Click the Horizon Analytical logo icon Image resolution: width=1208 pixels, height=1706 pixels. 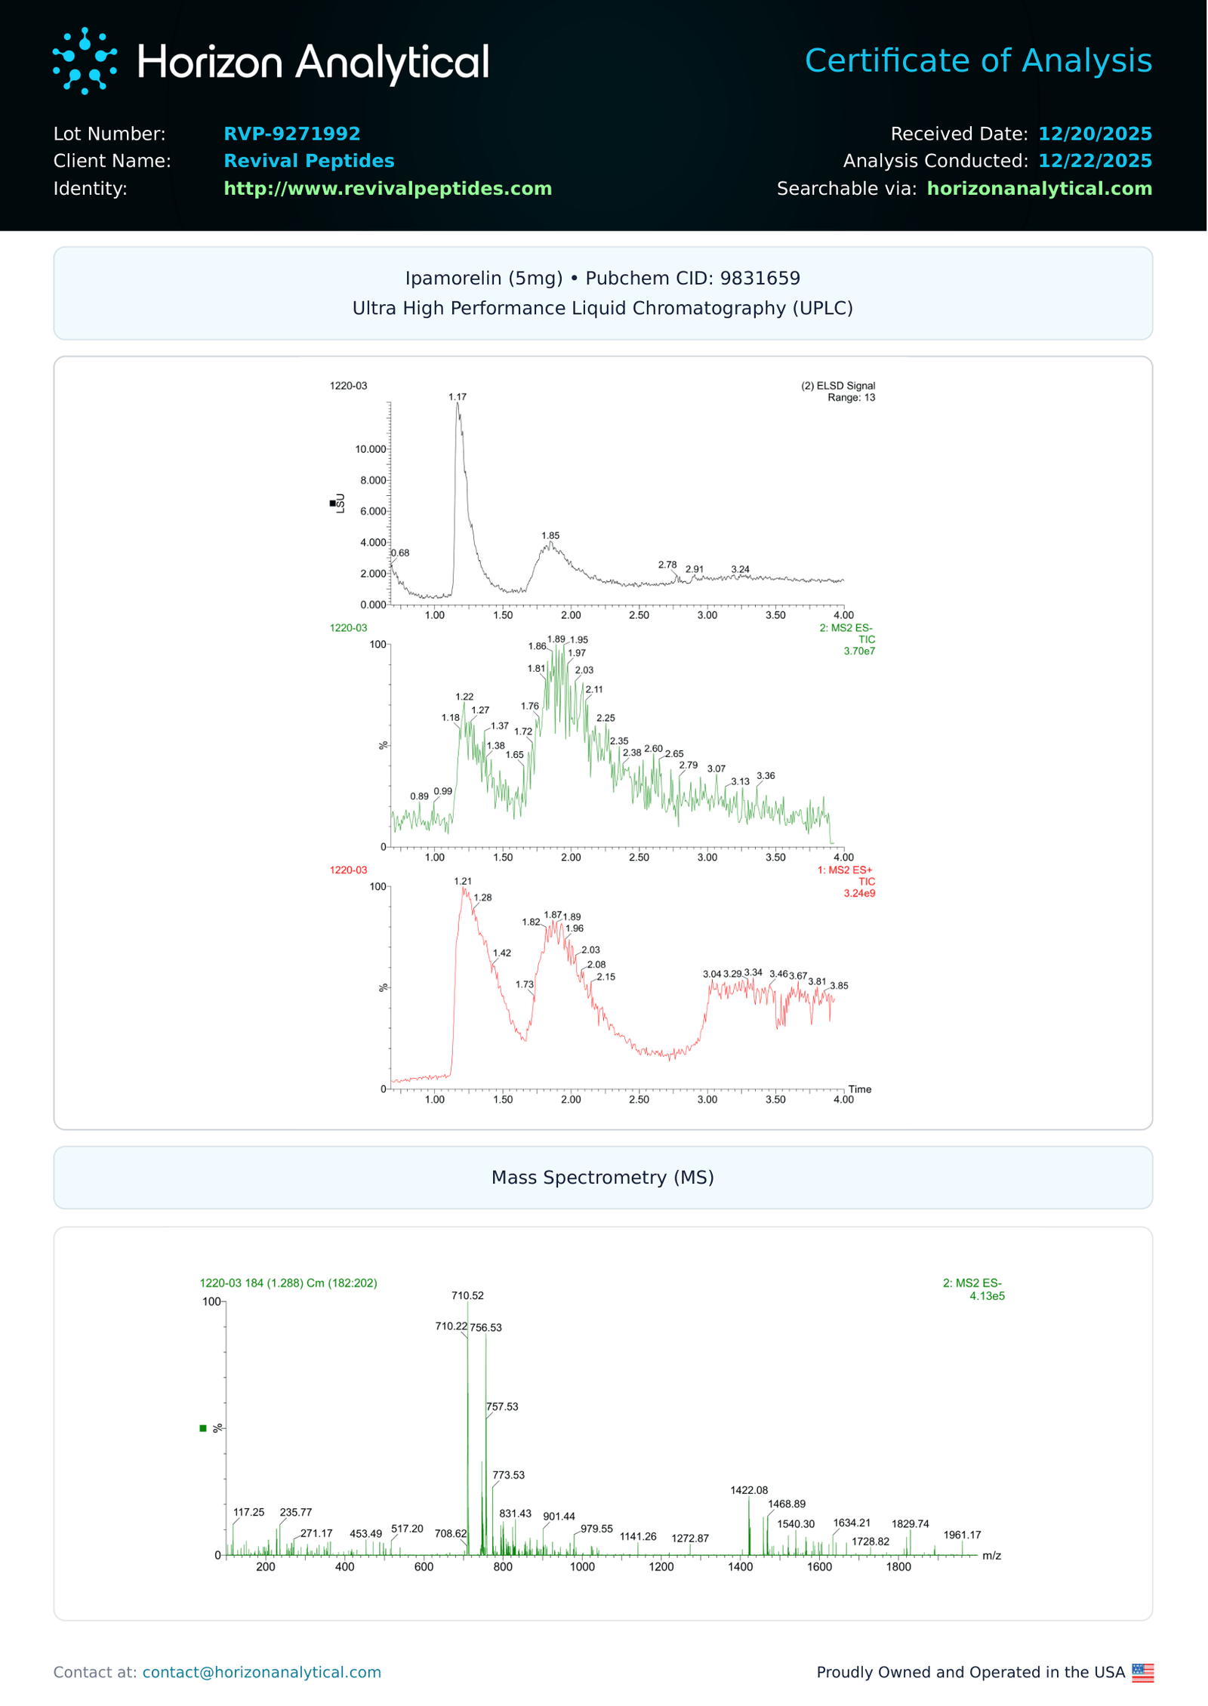click(x=85, y=61)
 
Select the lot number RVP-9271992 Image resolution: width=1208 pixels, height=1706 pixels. click(x=291, y=134)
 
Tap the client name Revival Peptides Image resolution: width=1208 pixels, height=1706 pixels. click(x=309, y=161)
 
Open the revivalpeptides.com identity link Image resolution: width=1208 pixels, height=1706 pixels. click(x=387, y=188)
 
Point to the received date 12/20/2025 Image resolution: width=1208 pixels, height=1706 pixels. click(x=1094, y=134)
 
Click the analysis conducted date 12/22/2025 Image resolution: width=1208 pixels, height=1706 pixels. click(x=1094, y=161)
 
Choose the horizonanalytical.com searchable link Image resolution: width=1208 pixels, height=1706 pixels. click(x=1039, y=188)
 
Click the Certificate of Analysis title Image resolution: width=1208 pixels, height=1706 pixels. click(x=978, y=60)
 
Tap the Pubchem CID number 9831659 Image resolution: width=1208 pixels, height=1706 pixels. click(x=760, y=278)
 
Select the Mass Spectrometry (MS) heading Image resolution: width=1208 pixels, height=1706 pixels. click(x=602, y=1177)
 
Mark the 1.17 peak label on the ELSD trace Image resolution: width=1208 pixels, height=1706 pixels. click(x=457, y=396)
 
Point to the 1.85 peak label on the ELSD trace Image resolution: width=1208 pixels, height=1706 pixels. click(x=550, y=535)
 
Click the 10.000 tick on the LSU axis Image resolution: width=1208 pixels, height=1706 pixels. click(x=370, y=449)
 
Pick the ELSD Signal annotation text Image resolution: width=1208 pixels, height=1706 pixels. click(x=838, y=386)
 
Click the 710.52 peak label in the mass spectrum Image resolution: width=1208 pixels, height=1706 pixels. click(x=467, y=1295)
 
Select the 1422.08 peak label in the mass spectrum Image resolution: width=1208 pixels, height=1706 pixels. click(x=748, y=1490)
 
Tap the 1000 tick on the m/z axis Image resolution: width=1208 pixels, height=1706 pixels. click(x=582, y=1567)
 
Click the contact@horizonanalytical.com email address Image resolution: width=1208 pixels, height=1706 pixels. click(x=261, y=1672)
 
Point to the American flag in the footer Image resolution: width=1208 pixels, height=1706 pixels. click(x=1142, y=1673)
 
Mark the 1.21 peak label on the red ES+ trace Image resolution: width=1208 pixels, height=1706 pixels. click(x=463, y=881)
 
